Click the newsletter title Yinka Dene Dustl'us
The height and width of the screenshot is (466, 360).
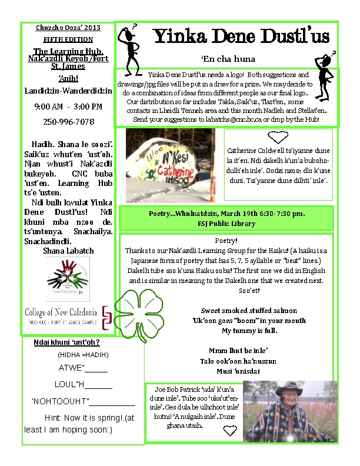pyautogui.click(x=241, y=36)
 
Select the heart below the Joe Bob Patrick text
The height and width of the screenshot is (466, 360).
pyautogui.click(x=230, y=431)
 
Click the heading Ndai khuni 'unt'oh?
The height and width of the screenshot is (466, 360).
pyautogui.click(x=66, y=342)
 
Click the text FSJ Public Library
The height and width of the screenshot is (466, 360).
pyautogui.click(x=226, y=224)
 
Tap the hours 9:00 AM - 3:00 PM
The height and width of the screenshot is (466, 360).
pyautogui.click(x=68, y=106)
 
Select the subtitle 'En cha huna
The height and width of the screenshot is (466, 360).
pyautogui.click(x=219, y=59)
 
